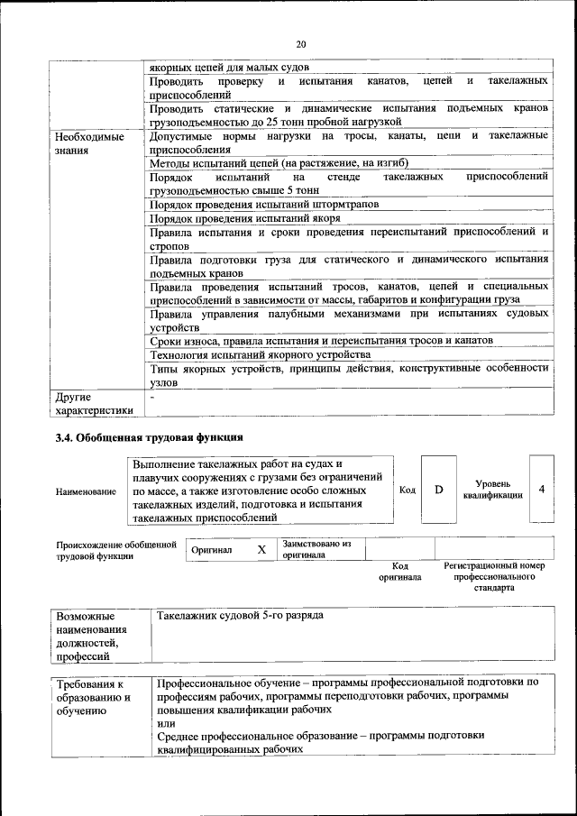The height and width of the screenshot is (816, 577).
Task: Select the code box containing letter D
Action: [439, 490]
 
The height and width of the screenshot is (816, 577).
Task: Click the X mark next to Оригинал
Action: [261, 549]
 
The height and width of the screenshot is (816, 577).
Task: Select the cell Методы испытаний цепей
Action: [279, 163]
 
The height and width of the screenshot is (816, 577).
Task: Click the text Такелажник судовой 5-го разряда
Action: [240, 615]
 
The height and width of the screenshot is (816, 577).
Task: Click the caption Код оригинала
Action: [399, 571]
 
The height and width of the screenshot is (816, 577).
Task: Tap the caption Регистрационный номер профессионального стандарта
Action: [493, 576]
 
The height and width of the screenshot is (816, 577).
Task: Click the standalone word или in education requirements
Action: [165, 722]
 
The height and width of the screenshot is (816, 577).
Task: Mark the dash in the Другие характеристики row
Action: [152, 396]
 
